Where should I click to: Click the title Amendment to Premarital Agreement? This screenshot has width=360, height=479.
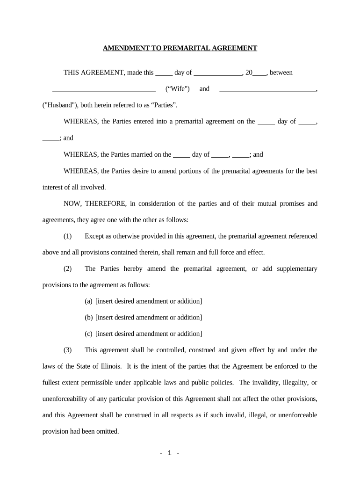(x=180, y=48)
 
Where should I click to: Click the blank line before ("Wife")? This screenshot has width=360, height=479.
(x=103, y=89)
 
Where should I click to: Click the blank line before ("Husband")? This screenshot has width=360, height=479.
(x=267, y=89)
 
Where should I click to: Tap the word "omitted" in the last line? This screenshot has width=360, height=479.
(x=107, y=432)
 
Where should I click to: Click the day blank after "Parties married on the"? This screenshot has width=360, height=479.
(x=181, y=155)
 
